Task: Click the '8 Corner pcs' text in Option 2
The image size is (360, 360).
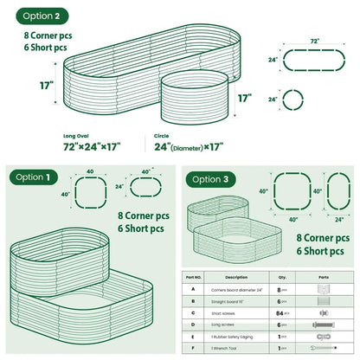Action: [57, 37]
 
